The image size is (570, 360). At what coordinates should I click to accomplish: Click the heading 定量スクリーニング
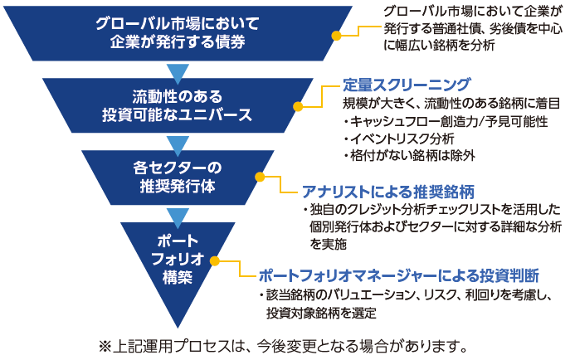pyautogui.click(x=407, y=85)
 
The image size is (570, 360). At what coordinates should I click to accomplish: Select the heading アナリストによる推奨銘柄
pyautogui.click(x=388, y=192)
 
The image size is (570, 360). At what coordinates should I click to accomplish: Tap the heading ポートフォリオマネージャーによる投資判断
pyautogui.click(x=399, y=275)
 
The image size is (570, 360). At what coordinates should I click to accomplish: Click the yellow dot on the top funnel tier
pyautogui.click(x=337, y=36)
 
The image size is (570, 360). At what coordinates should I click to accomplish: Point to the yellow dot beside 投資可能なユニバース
pyautogui.click(x=298, y=106)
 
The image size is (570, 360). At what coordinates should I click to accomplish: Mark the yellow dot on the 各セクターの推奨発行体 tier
pyautogui.click(x=260, y=177)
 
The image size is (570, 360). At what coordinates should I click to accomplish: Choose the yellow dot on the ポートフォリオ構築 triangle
pyautogui.click(x=215, y=260)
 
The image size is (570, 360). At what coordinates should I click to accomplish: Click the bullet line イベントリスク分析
pyautogui.click(x=399, y=139)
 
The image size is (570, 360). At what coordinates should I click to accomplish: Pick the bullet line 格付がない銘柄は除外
pyautogui.click(x=409, y=156)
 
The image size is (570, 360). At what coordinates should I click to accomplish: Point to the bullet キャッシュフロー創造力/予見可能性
pyautogui.click(x=446, y=122)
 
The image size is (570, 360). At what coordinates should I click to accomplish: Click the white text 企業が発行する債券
pyautogui.click(x=178, y=41)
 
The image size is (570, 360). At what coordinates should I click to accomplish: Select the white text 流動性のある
pyautogui.click(x=178, y=97)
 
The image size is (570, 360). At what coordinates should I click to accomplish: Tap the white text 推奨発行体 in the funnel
pyautogui.click(x=178, y=187)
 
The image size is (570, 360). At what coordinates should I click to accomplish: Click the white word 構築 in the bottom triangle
pyautogui.click(x=178, y=278)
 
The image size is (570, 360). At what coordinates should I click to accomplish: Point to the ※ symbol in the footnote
pyautogui.click(x=105, y=347)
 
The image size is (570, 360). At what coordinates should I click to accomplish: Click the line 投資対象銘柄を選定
pyautogui.click(x=321, y=313)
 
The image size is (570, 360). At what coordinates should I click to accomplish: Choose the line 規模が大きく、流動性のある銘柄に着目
pyautogui.click(x=451, y=104)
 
